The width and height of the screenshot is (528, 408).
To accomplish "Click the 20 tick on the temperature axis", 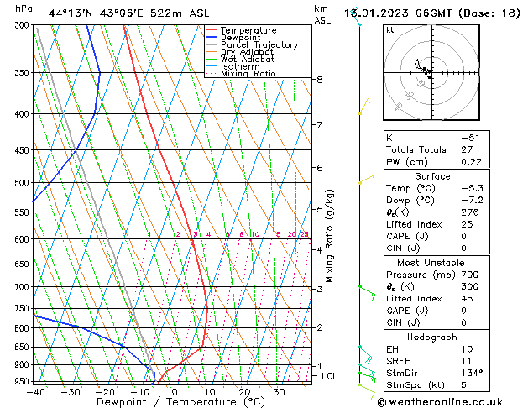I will [243, 391].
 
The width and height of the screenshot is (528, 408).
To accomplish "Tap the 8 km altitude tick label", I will [319, 80].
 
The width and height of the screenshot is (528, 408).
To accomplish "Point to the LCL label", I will [329, 376].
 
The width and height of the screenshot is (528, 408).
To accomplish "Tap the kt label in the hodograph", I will [390, 30].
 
